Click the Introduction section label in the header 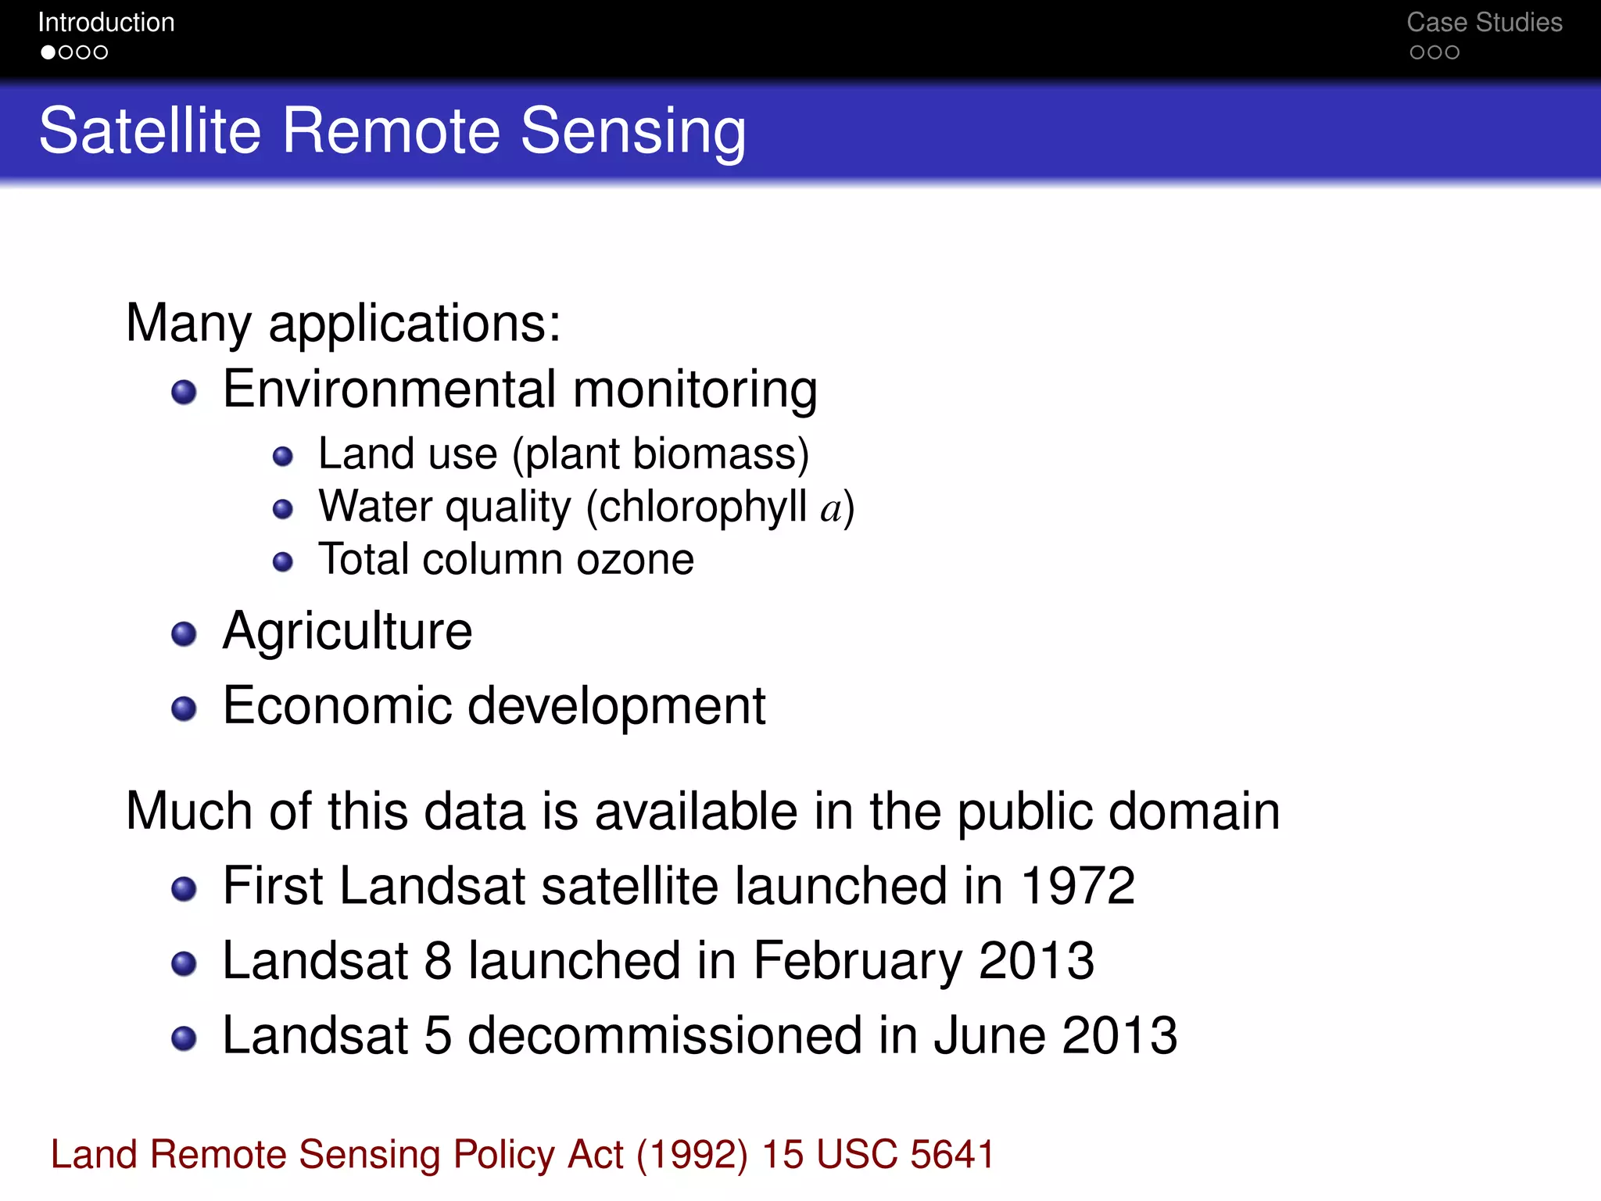point(106,23)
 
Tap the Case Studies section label point(1484,23)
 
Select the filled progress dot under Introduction point(48,52)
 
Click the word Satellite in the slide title point(149,131)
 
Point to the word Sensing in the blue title point(633,131)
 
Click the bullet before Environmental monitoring point(184,392)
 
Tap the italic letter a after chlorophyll point(831,509)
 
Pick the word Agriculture point(348,631)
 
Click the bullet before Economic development point(184,708)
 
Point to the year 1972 point(1078,886)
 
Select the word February point(858,961)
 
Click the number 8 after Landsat point(438,961)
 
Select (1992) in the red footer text point(692,1155)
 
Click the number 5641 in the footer point(951,1155)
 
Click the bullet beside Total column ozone point(283,561)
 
